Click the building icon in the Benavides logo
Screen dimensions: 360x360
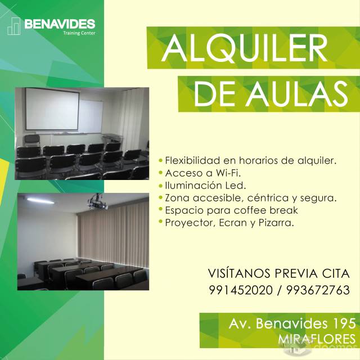[x=13, y=26]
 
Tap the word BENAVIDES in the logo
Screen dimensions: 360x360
[x=60, y=24]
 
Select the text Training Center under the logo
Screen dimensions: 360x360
[x=79, y=33]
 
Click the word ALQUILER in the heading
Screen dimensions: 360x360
[x=245, y=48]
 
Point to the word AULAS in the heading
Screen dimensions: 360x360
[x=297, y=94]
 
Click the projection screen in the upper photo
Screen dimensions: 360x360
[x=52, y=109]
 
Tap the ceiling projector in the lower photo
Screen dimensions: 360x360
[x=98, y=202]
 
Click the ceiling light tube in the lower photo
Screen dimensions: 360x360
[x=40, y=201]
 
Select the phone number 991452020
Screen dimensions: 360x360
[x=241, y=290]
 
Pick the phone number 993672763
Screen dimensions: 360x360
[x=318, y=290]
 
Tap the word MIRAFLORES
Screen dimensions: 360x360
[x=317, y=339]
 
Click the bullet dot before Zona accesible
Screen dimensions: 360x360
[x=161, y=197]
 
